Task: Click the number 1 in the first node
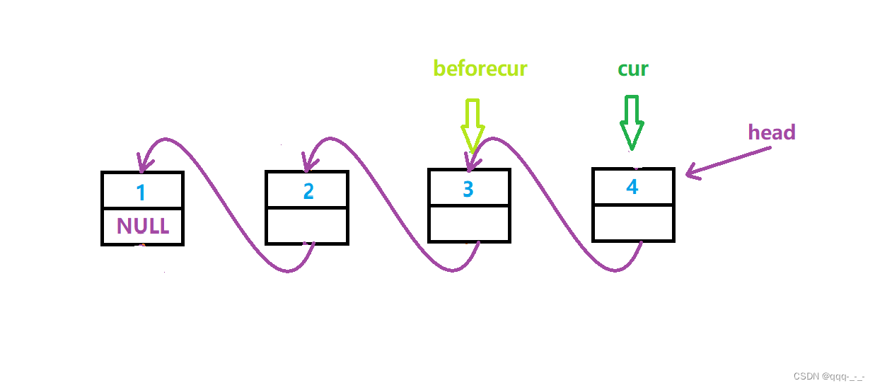(141, 193)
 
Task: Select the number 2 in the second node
(308, 191)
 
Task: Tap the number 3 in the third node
(468, 189)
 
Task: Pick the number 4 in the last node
(632, 187)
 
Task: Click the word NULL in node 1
(143, 226)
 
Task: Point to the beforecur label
(480, 69)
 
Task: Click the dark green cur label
(632, 69)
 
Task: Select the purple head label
(772, 132)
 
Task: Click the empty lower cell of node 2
(307, 226)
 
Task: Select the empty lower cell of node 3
(469, 224)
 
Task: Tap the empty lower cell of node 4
(633, 223)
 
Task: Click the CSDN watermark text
(828, 377)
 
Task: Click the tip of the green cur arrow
(631, 147)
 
